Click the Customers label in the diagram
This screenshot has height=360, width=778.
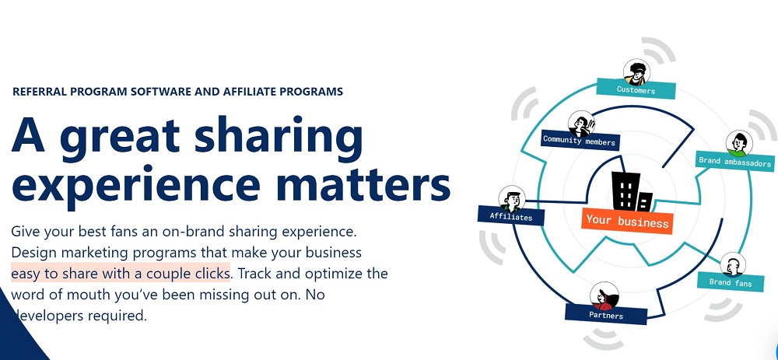point(636,89)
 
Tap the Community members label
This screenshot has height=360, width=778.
point(580,140)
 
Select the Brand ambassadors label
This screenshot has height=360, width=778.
point(735,162)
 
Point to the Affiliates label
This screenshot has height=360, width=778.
point(511,216)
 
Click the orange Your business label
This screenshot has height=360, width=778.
point(627,220)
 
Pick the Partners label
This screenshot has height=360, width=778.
point(606,314)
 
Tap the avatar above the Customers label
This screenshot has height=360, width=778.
point(636,73)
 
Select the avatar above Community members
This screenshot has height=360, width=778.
point(581,124)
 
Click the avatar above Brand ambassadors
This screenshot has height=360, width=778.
point(739,144)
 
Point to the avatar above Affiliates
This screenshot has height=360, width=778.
point(512,199)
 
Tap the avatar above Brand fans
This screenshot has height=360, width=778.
point(732,265)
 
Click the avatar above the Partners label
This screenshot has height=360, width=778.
point(604,296)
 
